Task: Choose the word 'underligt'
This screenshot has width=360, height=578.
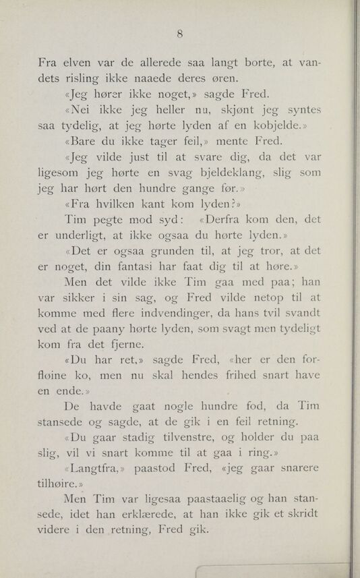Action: (86, 235)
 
